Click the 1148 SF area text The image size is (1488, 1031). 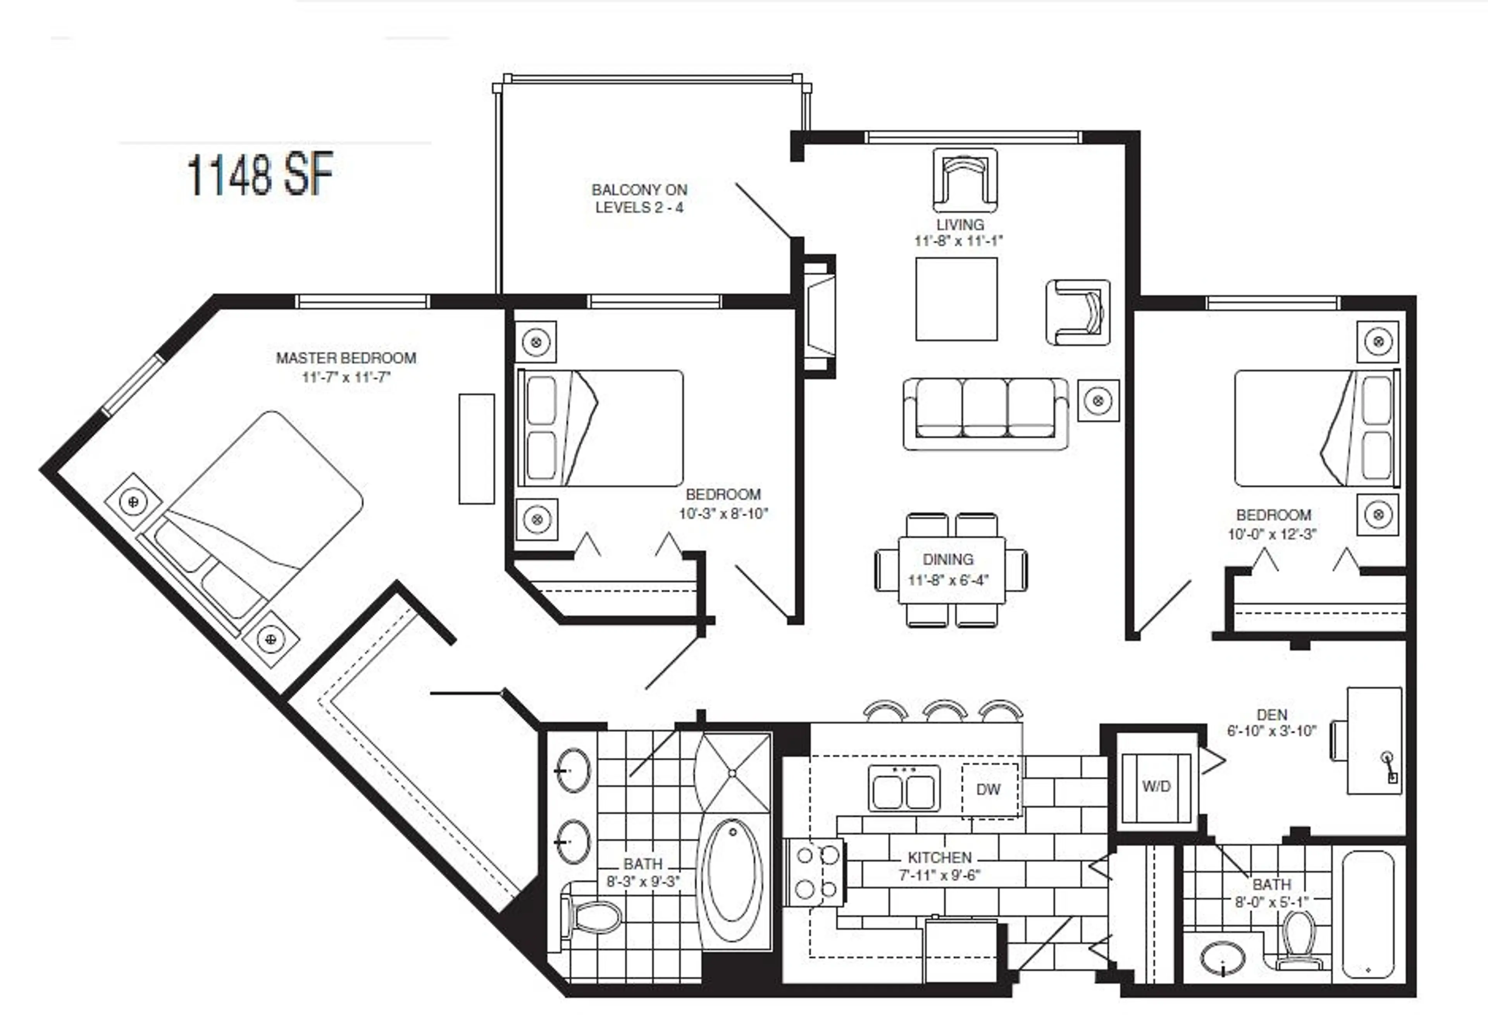(260, 174)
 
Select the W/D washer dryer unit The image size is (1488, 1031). (1156, 787)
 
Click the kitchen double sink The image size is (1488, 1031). (903, 789)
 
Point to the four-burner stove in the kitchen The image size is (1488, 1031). (815, 873)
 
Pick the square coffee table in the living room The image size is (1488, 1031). (956, 299)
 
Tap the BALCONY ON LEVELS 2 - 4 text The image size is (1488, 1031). (639, 198)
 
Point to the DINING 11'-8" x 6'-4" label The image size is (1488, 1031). (948, 569)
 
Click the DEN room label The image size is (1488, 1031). (1271, 714)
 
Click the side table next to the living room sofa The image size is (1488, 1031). (1098, 401)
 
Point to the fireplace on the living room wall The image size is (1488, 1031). (819, 316)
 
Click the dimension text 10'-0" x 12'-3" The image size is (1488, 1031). (1271, 534)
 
